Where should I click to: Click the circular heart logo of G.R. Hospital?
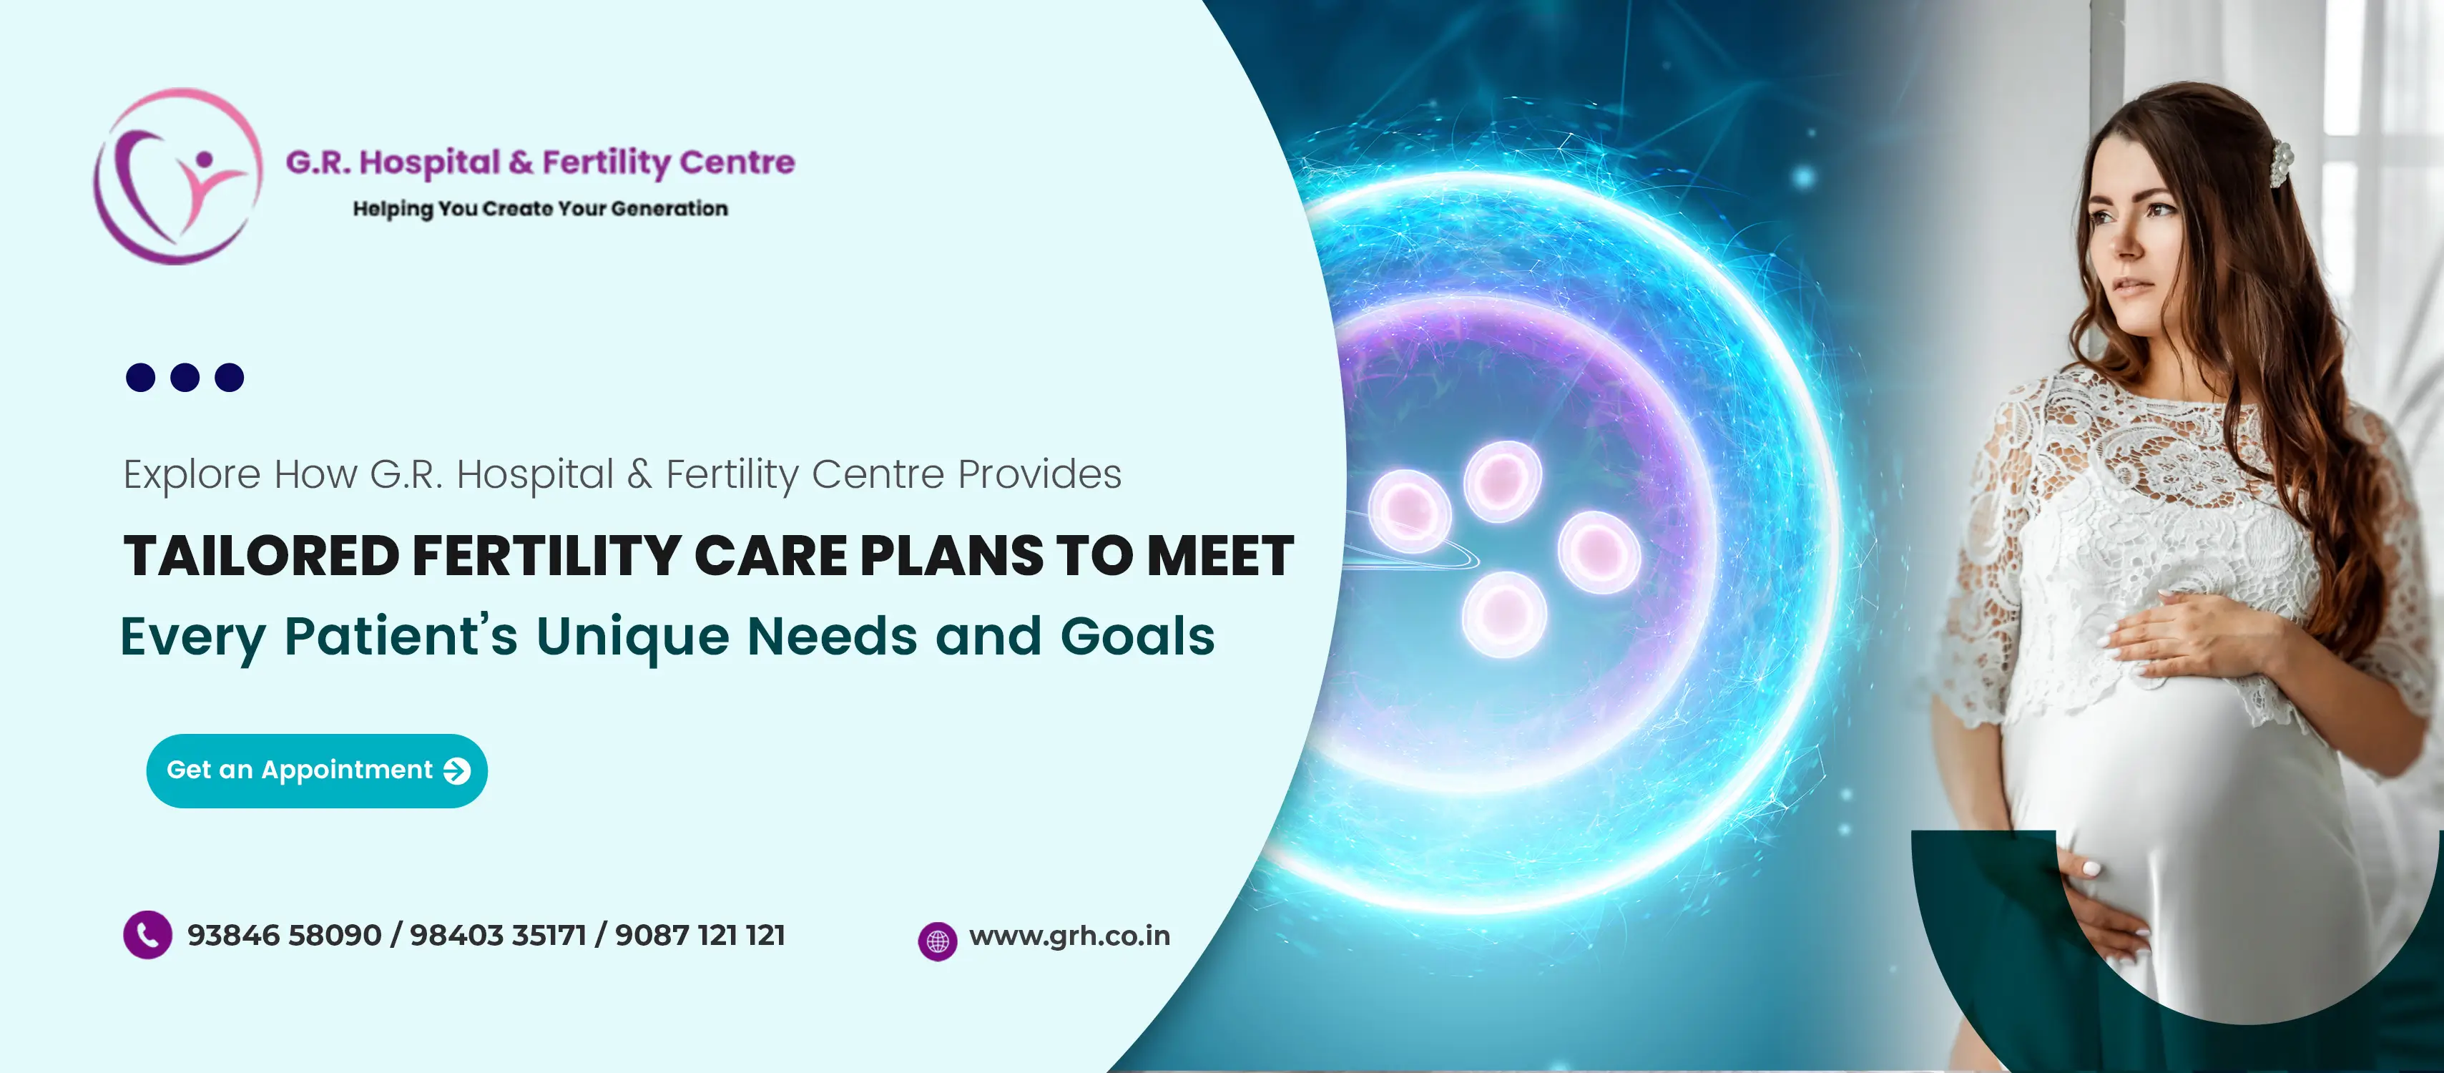point(177,177)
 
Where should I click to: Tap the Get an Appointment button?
point(317,770)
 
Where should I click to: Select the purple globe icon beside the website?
point(938,941)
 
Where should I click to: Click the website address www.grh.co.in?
point(1069,936)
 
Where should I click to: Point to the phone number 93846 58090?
point(284,936)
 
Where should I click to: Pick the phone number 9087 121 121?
point(700,936)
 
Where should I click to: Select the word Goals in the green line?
point(1137,637)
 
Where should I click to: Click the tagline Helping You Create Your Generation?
point(540,209)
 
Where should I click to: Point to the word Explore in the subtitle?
point(192,474)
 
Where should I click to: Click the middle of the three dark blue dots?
point(185,378)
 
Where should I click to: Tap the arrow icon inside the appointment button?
point(456,771)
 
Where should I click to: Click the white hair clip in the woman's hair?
point(2280,162)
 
